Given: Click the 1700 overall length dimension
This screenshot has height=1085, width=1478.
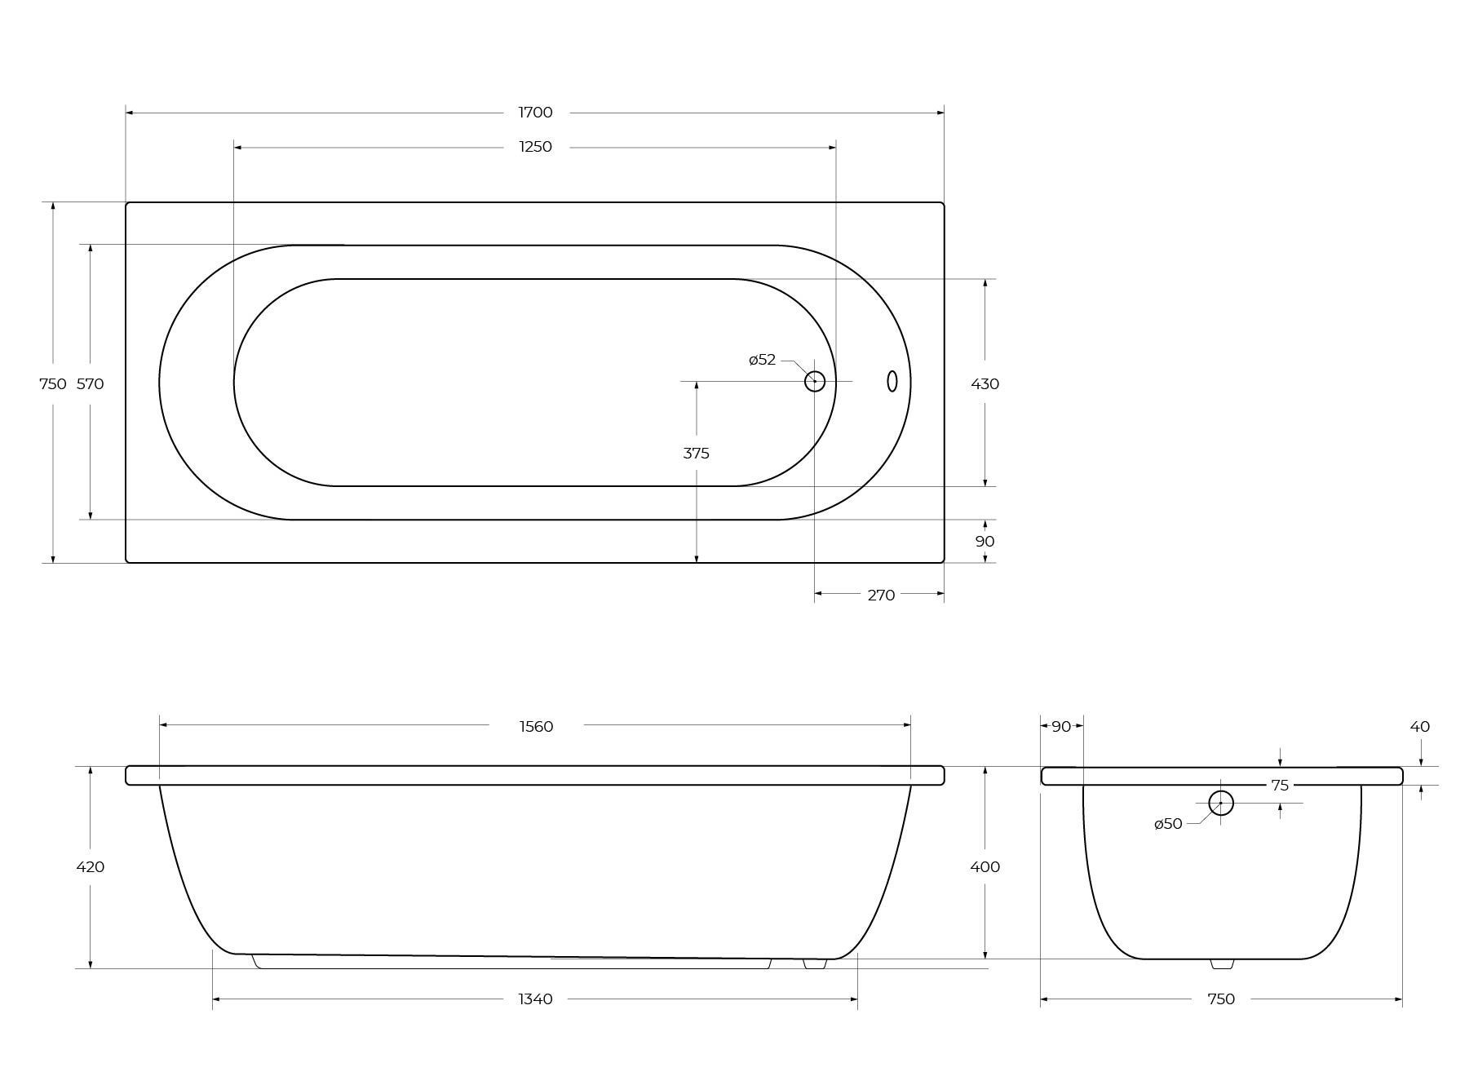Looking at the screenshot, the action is [x=535, y=113].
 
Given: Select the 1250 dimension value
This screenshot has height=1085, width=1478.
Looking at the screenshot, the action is [x=535, y=147].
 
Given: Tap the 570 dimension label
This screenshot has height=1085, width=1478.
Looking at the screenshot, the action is [x=91, y=383].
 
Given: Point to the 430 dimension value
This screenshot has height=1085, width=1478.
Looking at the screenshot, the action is [x=985, y=383].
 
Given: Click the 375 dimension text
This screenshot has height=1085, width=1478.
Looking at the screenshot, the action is [x=697, y=453].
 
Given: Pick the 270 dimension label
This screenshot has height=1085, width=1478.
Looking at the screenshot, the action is [x=881, y=595].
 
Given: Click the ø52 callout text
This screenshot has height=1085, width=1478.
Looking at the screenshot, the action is [x=763, y=360].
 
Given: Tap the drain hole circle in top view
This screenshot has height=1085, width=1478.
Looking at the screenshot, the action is [x=815, y=381].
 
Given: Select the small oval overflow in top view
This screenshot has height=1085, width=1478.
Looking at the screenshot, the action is [x=892, y=381].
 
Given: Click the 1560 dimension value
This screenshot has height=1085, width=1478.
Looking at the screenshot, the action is [x=536, y=726].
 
